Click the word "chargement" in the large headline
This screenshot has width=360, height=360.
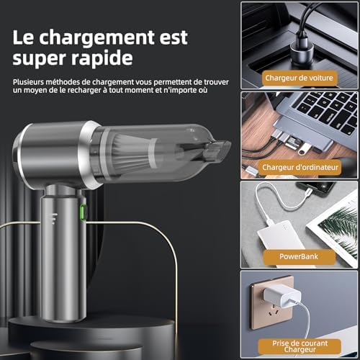96,38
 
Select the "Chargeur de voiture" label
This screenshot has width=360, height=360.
299,78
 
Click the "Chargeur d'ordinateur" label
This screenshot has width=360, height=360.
300,167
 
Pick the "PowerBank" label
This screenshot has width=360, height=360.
299,256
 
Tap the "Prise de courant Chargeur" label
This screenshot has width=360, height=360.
300,346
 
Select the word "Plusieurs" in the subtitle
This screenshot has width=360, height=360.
28,82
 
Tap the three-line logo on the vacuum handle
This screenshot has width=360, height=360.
55,218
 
